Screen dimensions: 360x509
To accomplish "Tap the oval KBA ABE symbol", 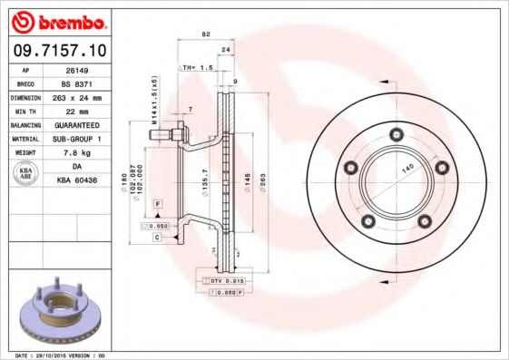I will (26, 174).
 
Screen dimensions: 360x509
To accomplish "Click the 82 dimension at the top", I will (206, 34).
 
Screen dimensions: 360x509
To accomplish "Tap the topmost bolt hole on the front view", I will (395, 134).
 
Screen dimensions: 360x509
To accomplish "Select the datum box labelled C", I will (157, 237).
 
